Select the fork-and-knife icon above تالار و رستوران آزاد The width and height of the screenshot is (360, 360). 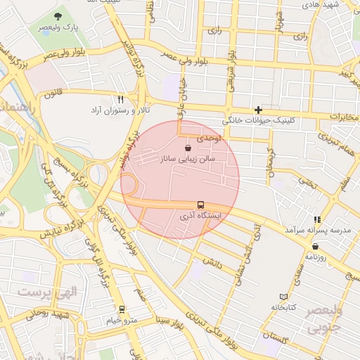tap(120, 100)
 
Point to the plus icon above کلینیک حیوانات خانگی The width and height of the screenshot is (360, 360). tap(259, 110)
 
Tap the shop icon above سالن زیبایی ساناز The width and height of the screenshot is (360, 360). tap(188, 148)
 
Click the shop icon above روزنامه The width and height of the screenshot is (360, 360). tap(314, 246)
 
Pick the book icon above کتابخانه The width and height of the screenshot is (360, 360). tap(283, 297)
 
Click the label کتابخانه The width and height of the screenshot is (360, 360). tap(284, 308)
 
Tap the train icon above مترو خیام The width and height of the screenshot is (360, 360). tap(122, 309)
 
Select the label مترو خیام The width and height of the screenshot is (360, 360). tap(121, 320)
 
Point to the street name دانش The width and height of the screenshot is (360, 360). tap(212, 263)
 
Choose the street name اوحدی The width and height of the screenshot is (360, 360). tap(209, 140)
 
